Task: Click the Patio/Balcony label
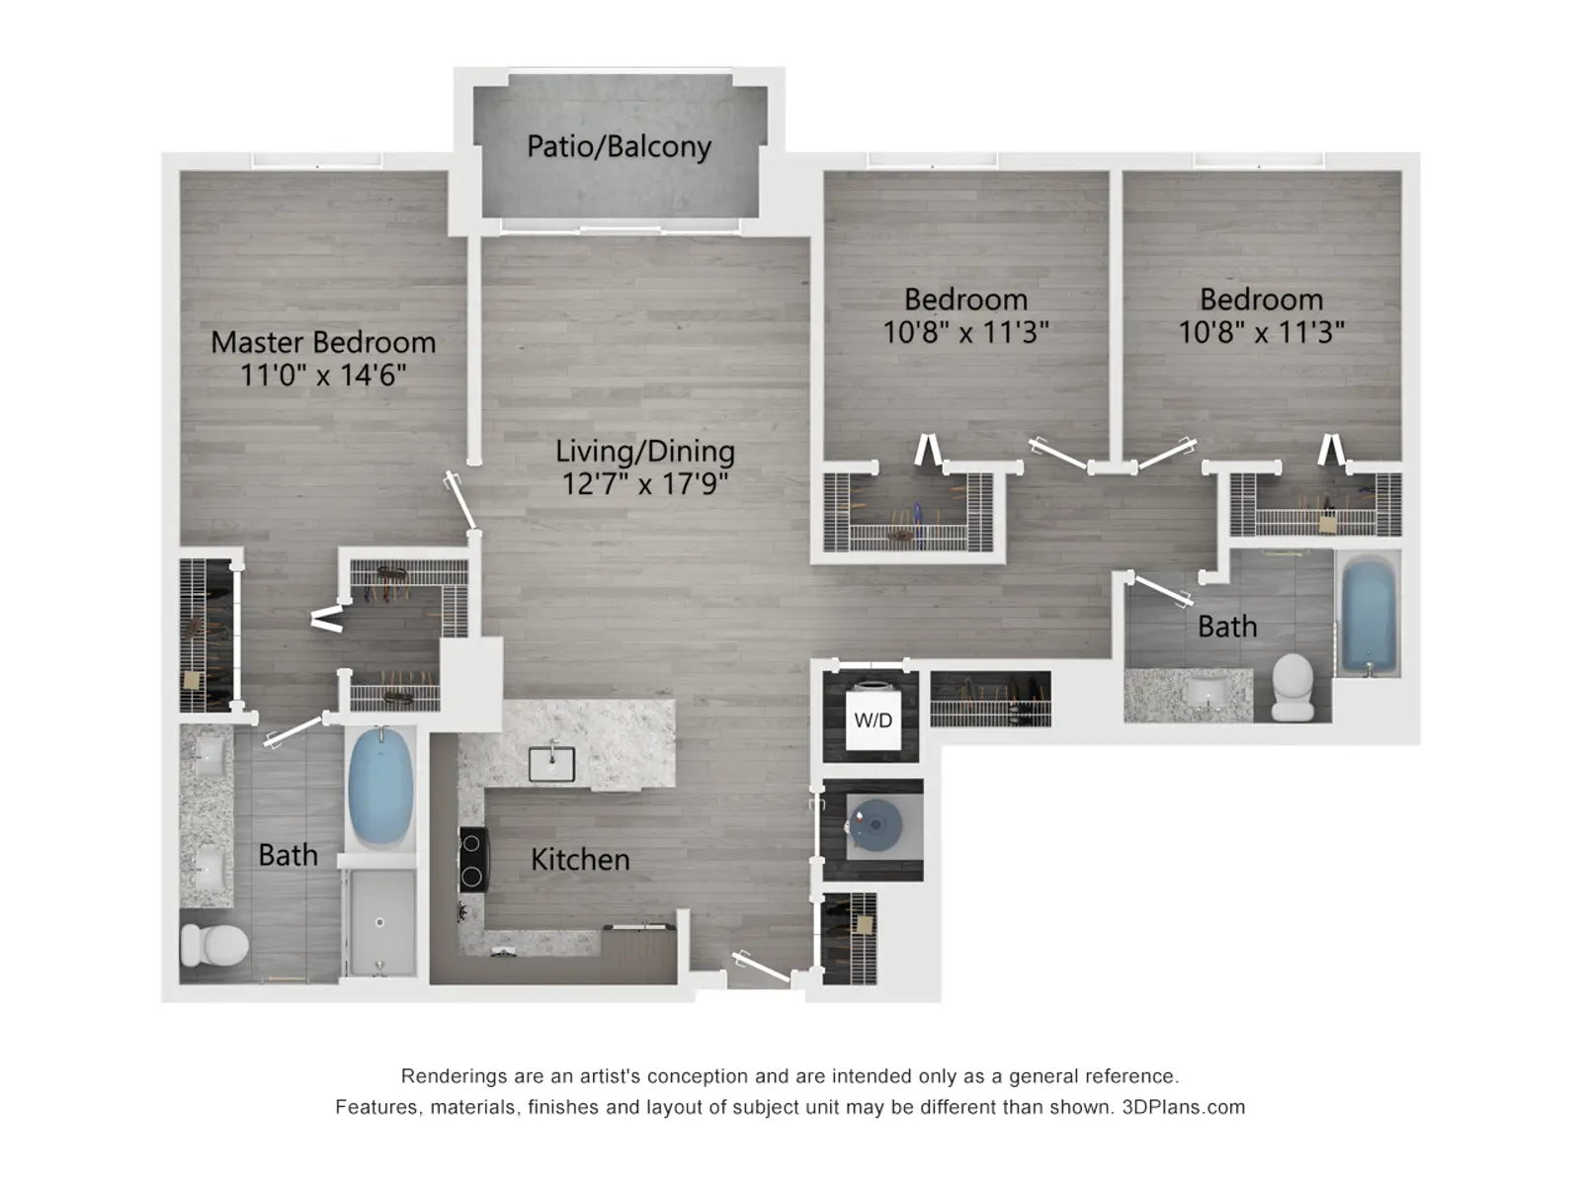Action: (619, 147)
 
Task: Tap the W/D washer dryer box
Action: (873, 720)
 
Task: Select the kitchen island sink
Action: (551, 763)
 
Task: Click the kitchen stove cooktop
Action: (473, 860)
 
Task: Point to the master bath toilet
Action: (213, 944)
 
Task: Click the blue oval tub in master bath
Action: (380, 786)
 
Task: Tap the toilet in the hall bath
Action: (1292, 686)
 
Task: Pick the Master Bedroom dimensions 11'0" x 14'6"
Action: (323, 376)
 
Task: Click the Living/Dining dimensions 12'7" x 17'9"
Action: (644, 483)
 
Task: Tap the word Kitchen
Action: (580, 860)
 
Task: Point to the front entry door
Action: (762, 967)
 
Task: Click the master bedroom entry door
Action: (461, 502)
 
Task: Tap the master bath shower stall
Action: (380, 922)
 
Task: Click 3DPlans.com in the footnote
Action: (1184, 1108)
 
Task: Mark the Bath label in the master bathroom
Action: (289, 856)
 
